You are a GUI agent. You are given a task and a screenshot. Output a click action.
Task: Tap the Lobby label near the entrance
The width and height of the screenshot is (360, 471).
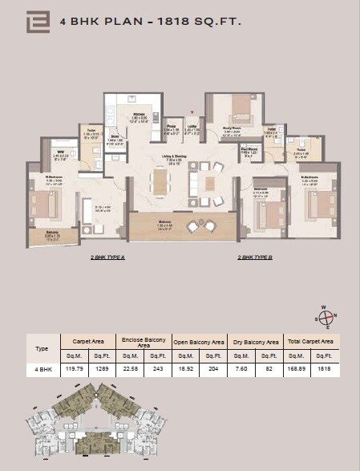[192, 126]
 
